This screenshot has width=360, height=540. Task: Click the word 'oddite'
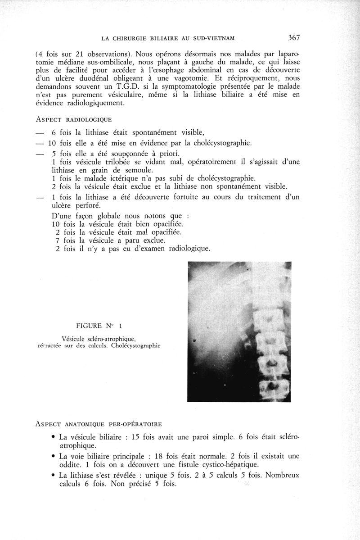[71, 465]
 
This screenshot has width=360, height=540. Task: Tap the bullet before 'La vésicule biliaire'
[54, 437]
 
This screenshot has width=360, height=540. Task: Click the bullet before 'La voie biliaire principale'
[54, 456]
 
